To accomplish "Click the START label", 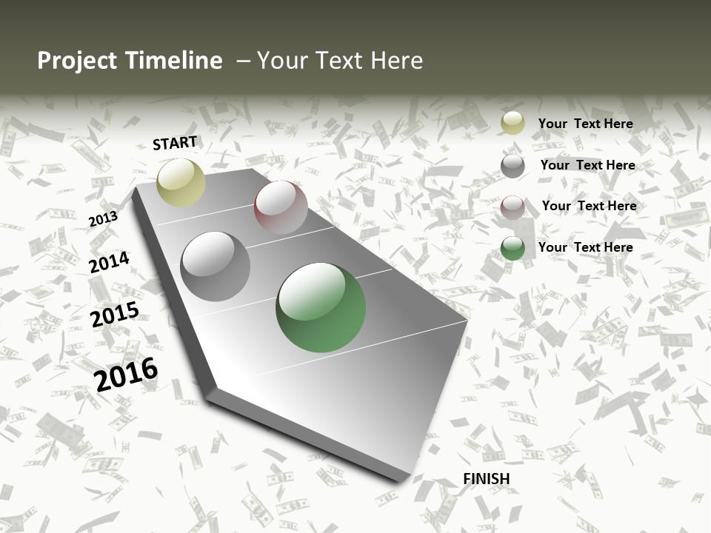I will [175, 143].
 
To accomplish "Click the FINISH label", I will [487, 479].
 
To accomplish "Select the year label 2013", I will [103, 219].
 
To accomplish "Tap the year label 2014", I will [109, 263].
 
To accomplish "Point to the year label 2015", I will [115, 315].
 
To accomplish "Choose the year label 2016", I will [127, 375].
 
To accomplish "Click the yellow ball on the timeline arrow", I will [181, 182].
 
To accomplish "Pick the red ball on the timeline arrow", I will [281, 207].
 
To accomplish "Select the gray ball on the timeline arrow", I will [216, 266].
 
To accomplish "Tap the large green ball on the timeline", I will [321, 307].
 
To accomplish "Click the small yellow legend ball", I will [513, 124].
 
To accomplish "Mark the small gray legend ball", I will [513, 166].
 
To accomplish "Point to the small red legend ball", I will [513, 207].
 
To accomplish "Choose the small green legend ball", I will [513, 248].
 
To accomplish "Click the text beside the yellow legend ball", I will [585, 124].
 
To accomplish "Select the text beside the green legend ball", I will [585, 247].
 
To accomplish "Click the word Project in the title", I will [78, 61].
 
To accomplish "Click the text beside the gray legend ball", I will [587, 165].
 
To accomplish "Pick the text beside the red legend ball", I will [589, 206].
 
